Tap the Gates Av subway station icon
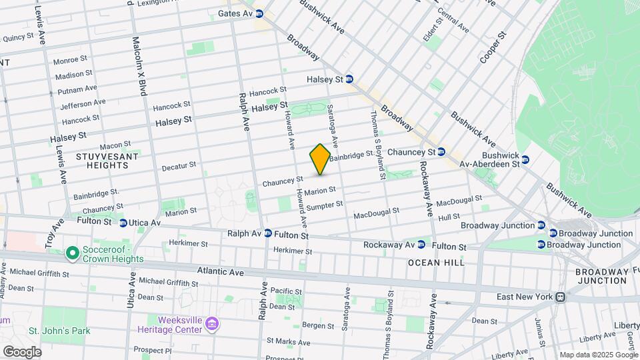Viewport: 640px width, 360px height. (259, 13)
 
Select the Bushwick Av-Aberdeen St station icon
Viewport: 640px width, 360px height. (525, 160)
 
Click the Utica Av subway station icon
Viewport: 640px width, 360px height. (123, 223)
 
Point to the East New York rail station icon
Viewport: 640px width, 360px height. (562, 297)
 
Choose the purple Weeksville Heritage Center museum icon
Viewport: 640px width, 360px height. (213, 324)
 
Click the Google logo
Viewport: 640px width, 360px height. (22, 351)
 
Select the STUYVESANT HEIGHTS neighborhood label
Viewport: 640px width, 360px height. (107, 160)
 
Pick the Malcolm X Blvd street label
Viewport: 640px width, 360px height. (139, 67)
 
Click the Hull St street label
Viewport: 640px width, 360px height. (449, 217)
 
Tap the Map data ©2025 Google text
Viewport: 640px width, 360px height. (598, 355)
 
